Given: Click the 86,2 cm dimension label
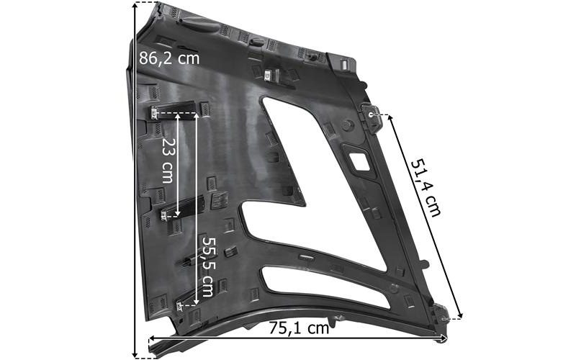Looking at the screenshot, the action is coord(169,58).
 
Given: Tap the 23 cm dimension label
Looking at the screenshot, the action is coord(168,161).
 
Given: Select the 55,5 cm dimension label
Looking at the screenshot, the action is coord(207,266).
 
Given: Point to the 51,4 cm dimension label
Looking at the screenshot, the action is coord(426,187).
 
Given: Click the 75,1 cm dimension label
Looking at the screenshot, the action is coord(299,328).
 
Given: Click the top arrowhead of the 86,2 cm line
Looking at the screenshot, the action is coord(135,5).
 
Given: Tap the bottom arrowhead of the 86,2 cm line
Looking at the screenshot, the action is coord(135,354).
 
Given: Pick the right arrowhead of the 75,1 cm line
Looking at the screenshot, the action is coord(444,337).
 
